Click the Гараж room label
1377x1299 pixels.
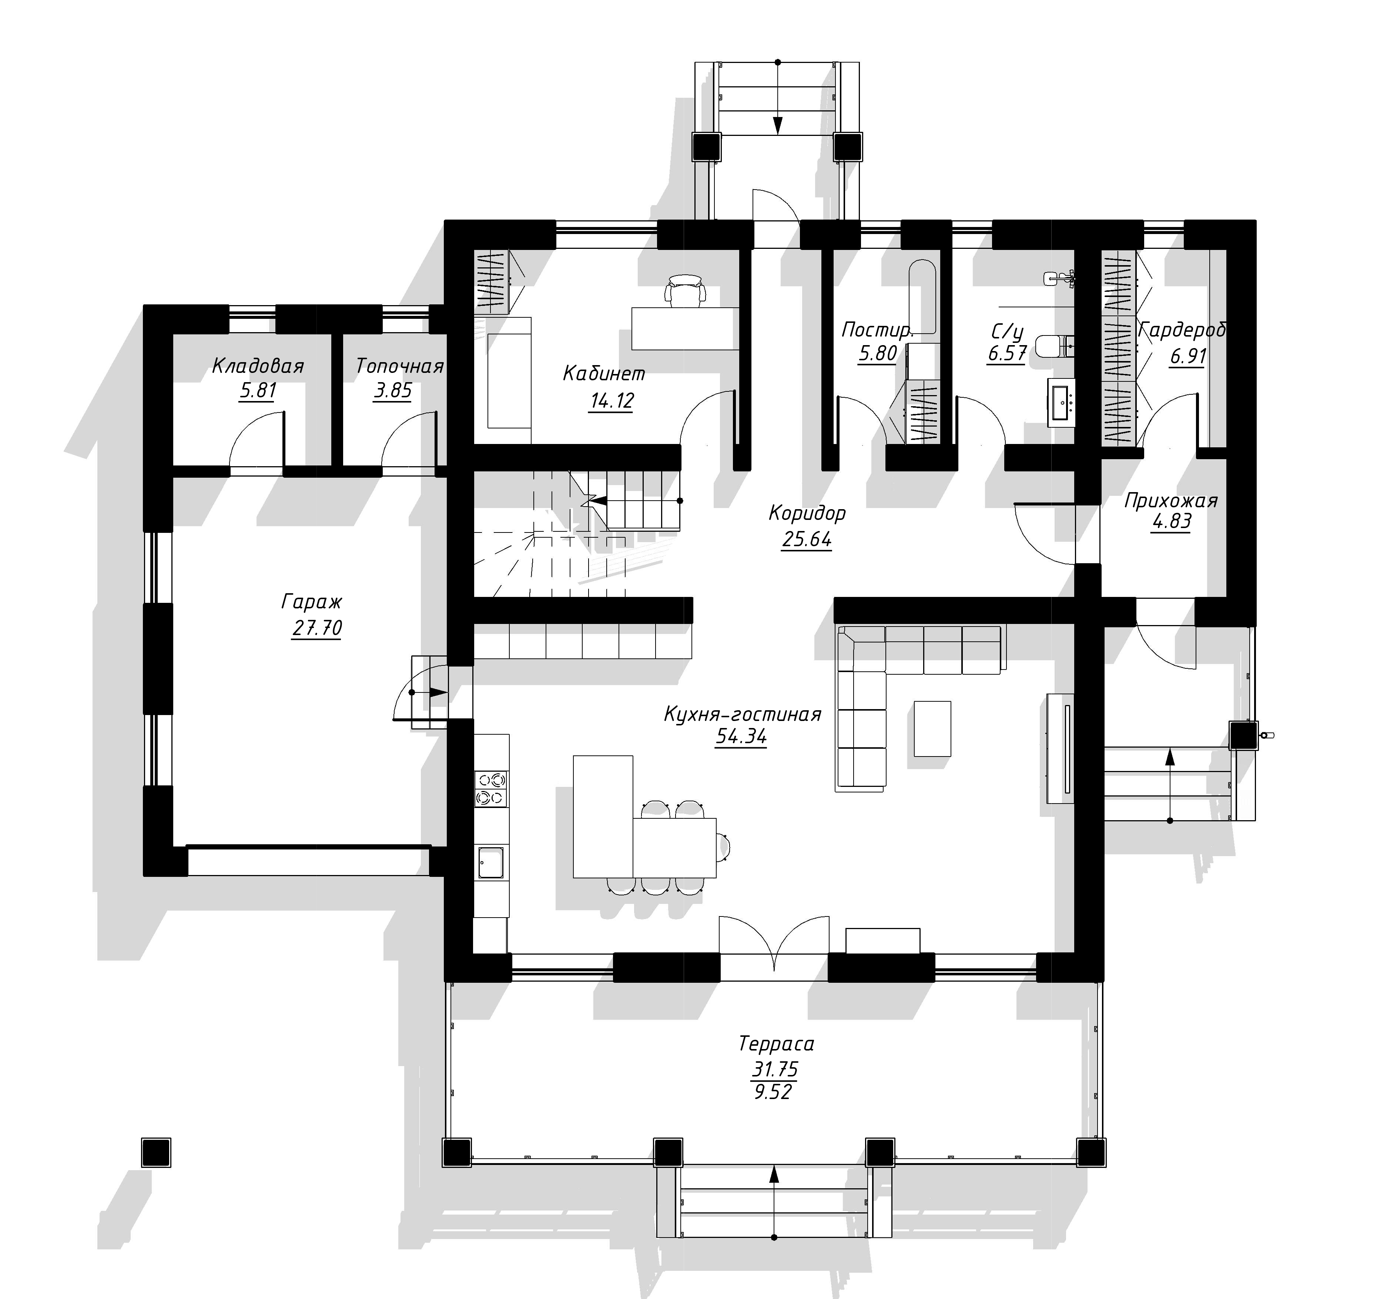pyautogui.click(x=312, y=601)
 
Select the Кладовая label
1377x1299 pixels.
pyautogui.click(x=258, y=366)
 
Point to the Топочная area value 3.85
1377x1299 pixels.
pyautogui.click(x=393, y=391)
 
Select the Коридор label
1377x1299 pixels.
pyautogui.click(x=807, y=513)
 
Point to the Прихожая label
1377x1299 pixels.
pyautogui.click(x=1170, y=500)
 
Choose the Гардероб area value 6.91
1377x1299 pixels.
pyautogui.click(x=1188, y=356)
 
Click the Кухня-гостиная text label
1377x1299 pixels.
pyautogui.click(x=743, y=714)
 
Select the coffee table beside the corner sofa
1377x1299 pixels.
pyautogui.click(x=932, y=728)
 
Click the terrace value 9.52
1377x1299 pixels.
pyautogui.click(x=773, y=1092)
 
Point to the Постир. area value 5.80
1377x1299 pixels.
pyautogui.click(x=878, y=353)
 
